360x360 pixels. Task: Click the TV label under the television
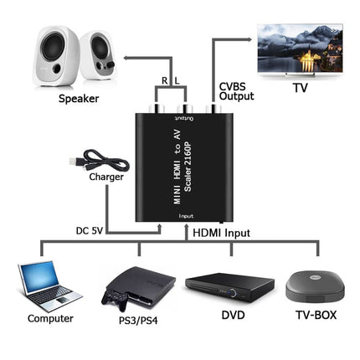[300, 87]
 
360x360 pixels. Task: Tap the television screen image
[300, 48]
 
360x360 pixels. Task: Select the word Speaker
[79, 99]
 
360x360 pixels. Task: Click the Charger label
[106, 177]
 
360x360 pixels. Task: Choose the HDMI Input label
[220, 232]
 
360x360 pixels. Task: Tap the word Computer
[50, 318]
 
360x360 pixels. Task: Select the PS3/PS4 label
[136, 318]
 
